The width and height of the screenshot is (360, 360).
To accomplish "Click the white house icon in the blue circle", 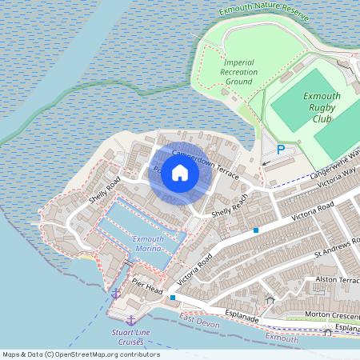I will (x=180, y=173).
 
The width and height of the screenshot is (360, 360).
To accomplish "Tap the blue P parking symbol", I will (x=280, y=150).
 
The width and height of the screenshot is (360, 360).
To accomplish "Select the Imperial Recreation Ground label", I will (x=240, y=72).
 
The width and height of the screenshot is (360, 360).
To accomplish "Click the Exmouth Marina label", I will (x=148, y=244).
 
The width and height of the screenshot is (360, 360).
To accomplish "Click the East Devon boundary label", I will (x=199, y=320).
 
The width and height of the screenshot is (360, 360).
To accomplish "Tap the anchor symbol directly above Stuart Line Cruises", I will (x=130, y=320).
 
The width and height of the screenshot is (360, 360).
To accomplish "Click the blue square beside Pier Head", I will (x=172, y=298).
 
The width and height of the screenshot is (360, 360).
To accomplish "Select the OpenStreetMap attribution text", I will (x=80, y=354).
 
